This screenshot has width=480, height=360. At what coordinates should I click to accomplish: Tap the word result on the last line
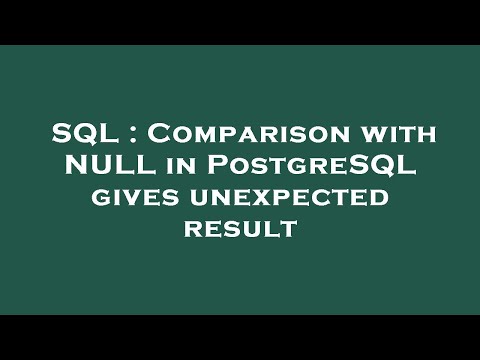click(240, 229)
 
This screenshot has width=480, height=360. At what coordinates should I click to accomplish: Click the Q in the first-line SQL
click(78, 134)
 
